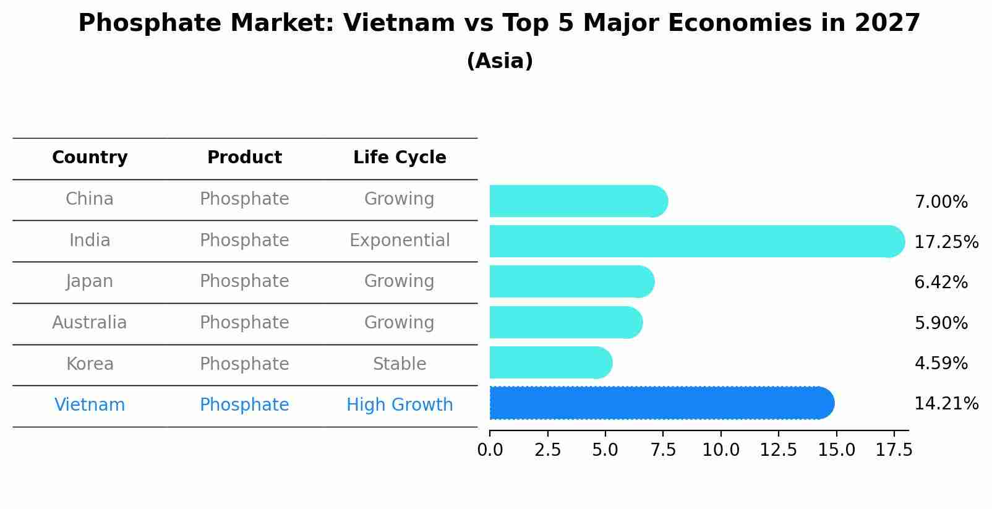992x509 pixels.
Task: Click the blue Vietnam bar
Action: pyautogui.click(x=662, y=403)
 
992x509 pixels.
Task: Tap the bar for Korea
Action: pyautogui.click(x=550, y=362)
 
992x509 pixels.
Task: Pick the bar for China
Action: pyautogui.click(x=578, y=201)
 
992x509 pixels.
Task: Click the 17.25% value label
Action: pyautogui.click(x=946, y=242)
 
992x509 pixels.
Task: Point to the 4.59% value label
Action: pyautogui.click(x=941, y=363)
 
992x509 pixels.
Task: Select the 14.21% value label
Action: pyautogui.click(x=946, y=404)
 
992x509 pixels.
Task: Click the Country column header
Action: pyautogui.click(x=90, y=158)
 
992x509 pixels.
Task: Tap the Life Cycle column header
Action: pyautogui.click(x=400, y=158)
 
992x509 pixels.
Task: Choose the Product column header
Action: pyautogui.click(x=244, y=158)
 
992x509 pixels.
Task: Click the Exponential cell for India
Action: pyautogui.click(x=400, y=241)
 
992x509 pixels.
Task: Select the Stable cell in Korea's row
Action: pyautogui.click(x=400, y=364)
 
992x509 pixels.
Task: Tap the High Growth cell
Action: pyautogui.click(x=400, y=405)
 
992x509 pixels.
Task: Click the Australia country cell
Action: pyautogui.click(x=90, y=323)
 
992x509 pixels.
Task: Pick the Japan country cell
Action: pyautogui.click(x=90, y=281)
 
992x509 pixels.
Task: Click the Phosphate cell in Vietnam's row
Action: pyautogui.click(x=244, y=405)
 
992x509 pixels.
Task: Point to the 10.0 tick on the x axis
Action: pyautogui.click(x=720, y=450)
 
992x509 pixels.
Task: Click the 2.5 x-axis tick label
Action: pyautogui.click(x=547, y=450)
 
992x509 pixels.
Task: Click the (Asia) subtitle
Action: pyautogui.click(x=500, y=61)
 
